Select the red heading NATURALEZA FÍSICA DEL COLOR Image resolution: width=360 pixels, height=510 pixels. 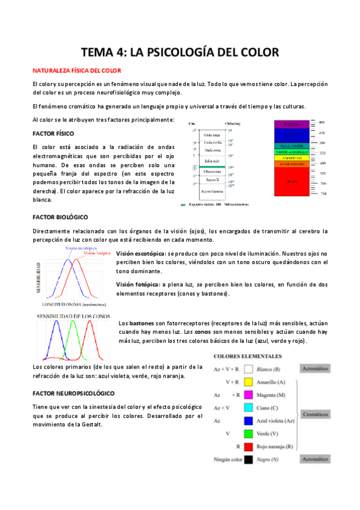(77, 70)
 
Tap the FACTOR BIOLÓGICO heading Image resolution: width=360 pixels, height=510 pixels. (60, 216)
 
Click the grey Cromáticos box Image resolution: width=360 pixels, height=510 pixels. (314, 414)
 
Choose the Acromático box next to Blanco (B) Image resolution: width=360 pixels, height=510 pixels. (314, 369)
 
